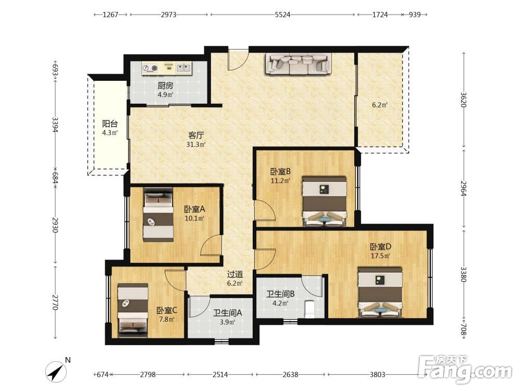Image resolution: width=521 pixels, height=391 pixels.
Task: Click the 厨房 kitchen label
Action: coord(165,85)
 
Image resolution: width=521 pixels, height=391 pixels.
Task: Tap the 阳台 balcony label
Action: coord(109,124)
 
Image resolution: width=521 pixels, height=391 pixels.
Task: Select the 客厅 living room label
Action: coord(196,136)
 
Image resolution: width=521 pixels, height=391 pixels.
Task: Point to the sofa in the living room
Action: coord(299,64)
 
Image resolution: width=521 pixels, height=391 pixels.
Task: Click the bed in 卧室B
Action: coord(324,201)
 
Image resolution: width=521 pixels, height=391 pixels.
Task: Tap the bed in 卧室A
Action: coord(158,215)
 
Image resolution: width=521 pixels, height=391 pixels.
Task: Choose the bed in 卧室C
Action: coord(133,308)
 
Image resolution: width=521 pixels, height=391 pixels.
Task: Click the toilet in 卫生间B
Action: coord(309,309)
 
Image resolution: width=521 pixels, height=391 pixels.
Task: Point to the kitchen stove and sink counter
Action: coord(167,68)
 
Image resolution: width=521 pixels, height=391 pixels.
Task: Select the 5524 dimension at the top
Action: coord(283,15)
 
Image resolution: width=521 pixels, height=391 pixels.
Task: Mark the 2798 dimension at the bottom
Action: coord(148,375)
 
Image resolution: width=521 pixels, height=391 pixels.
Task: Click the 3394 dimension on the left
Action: coord(55,125)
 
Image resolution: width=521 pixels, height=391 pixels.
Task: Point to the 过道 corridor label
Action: coord(235,274)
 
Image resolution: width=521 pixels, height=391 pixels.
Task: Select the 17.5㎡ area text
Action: coord(380,256)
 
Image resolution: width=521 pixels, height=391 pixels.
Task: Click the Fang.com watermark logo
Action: coord(465,369)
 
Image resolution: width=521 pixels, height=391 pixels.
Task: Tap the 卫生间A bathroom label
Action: coord(227,313)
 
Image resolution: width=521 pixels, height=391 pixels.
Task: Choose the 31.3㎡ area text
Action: coord(196,144)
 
